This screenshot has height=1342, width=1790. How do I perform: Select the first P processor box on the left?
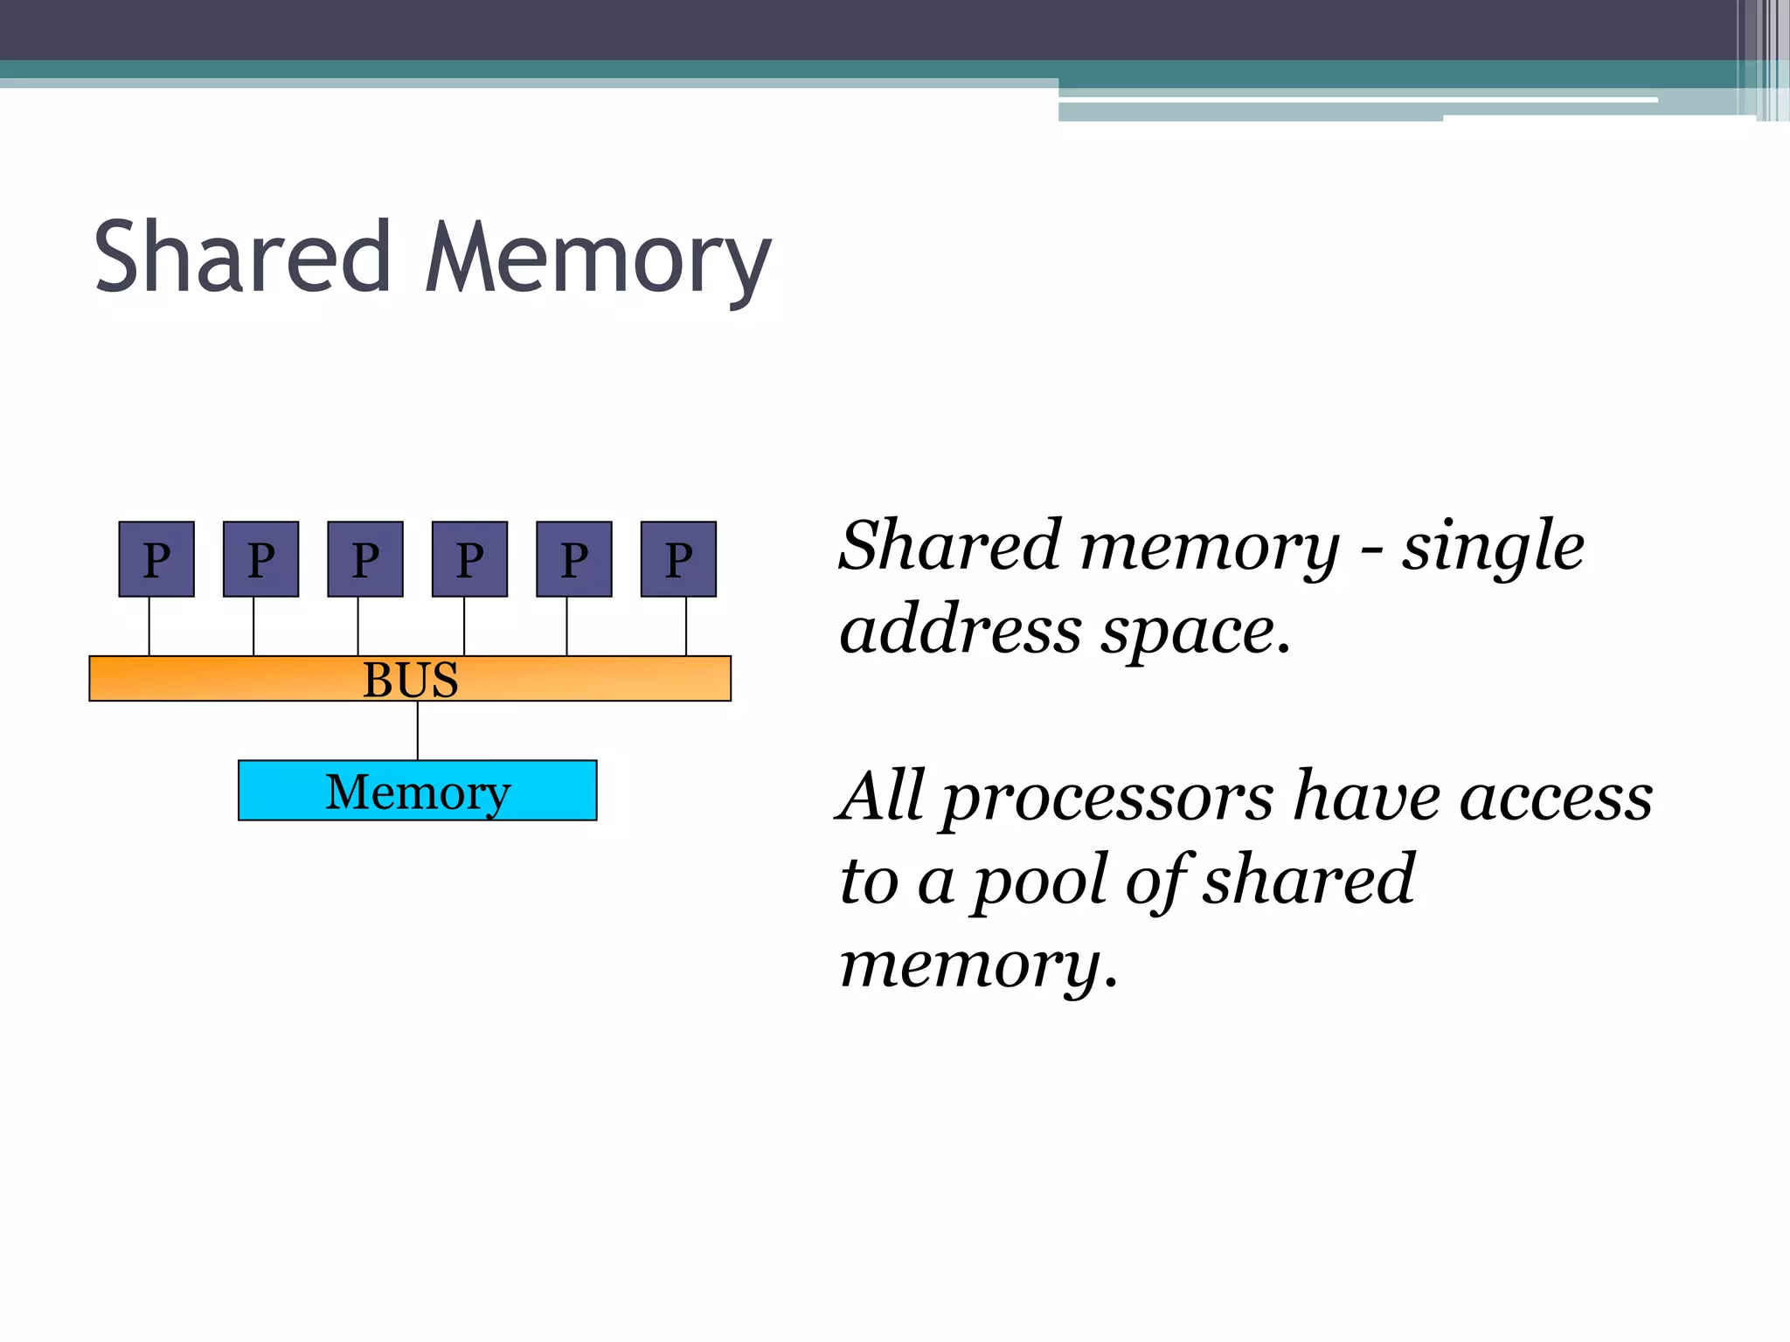[156, 559]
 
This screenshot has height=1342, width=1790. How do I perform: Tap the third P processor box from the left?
[365, 559]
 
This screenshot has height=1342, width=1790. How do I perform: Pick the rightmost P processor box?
[678, 559]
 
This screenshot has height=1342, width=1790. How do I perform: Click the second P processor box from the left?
[260, 559]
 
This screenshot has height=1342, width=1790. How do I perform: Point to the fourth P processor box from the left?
[469, 559]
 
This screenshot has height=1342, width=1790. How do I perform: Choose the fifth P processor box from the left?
[574, 559]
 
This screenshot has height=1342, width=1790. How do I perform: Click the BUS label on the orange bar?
[410, 680]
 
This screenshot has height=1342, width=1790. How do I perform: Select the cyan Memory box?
[417, 791]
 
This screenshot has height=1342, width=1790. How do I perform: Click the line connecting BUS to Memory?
[418, 730]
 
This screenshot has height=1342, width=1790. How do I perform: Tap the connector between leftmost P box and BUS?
[149, 626]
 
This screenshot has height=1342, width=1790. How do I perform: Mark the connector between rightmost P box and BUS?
[686, 626]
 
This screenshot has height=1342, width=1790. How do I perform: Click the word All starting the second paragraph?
[880, 797]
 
